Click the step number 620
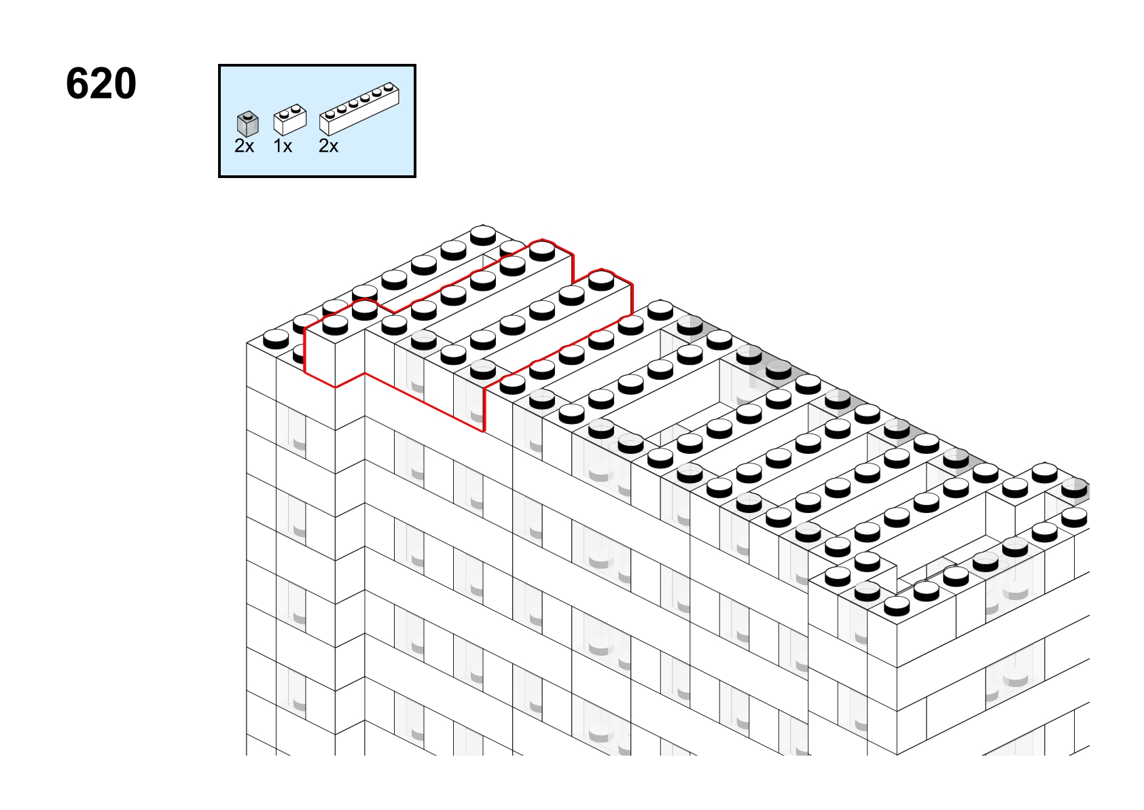click(x=101, y=84)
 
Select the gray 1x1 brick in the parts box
click(x=248, y=124)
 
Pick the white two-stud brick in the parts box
click(x=290, y=120)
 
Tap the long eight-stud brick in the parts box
click(x=359, y=108)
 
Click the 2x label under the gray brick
click(x=244, y=146)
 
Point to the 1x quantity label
click(x=283, y=146)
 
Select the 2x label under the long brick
click(x=328, y=146)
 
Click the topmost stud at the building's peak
click(x=483, y=235)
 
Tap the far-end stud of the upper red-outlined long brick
click(x=542, y=250)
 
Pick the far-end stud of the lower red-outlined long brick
click(x=601, y=281)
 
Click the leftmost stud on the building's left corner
click(x=276, y=339)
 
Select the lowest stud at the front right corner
click(x=896, y=605)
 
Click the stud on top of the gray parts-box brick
click(x=248, y=116)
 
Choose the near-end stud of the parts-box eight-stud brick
click(x=330, y=113)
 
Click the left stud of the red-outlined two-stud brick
click(x=335, y=325)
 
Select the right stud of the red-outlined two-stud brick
click(x=365, y=310)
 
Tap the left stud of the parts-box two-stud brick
click(x=285, y=113)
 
